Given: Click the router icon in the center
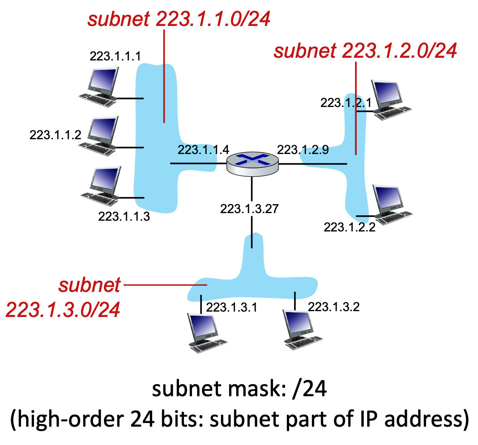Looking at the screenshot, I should pos(252,163).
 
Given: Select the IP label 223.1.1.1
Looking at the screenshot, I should pos(115,56).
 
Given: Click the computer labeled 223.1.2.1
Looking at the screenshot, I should pos(389,100).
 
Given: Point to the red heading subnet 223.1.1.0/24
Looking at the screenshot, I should pos(179,19).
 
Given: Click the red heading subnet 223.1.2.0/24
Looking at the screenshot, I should pos(365,51).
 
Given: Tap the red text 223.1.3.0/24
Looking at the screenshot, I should pos(63,309).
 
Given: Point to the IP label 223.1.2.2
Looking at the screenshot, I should pos(350,227).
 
